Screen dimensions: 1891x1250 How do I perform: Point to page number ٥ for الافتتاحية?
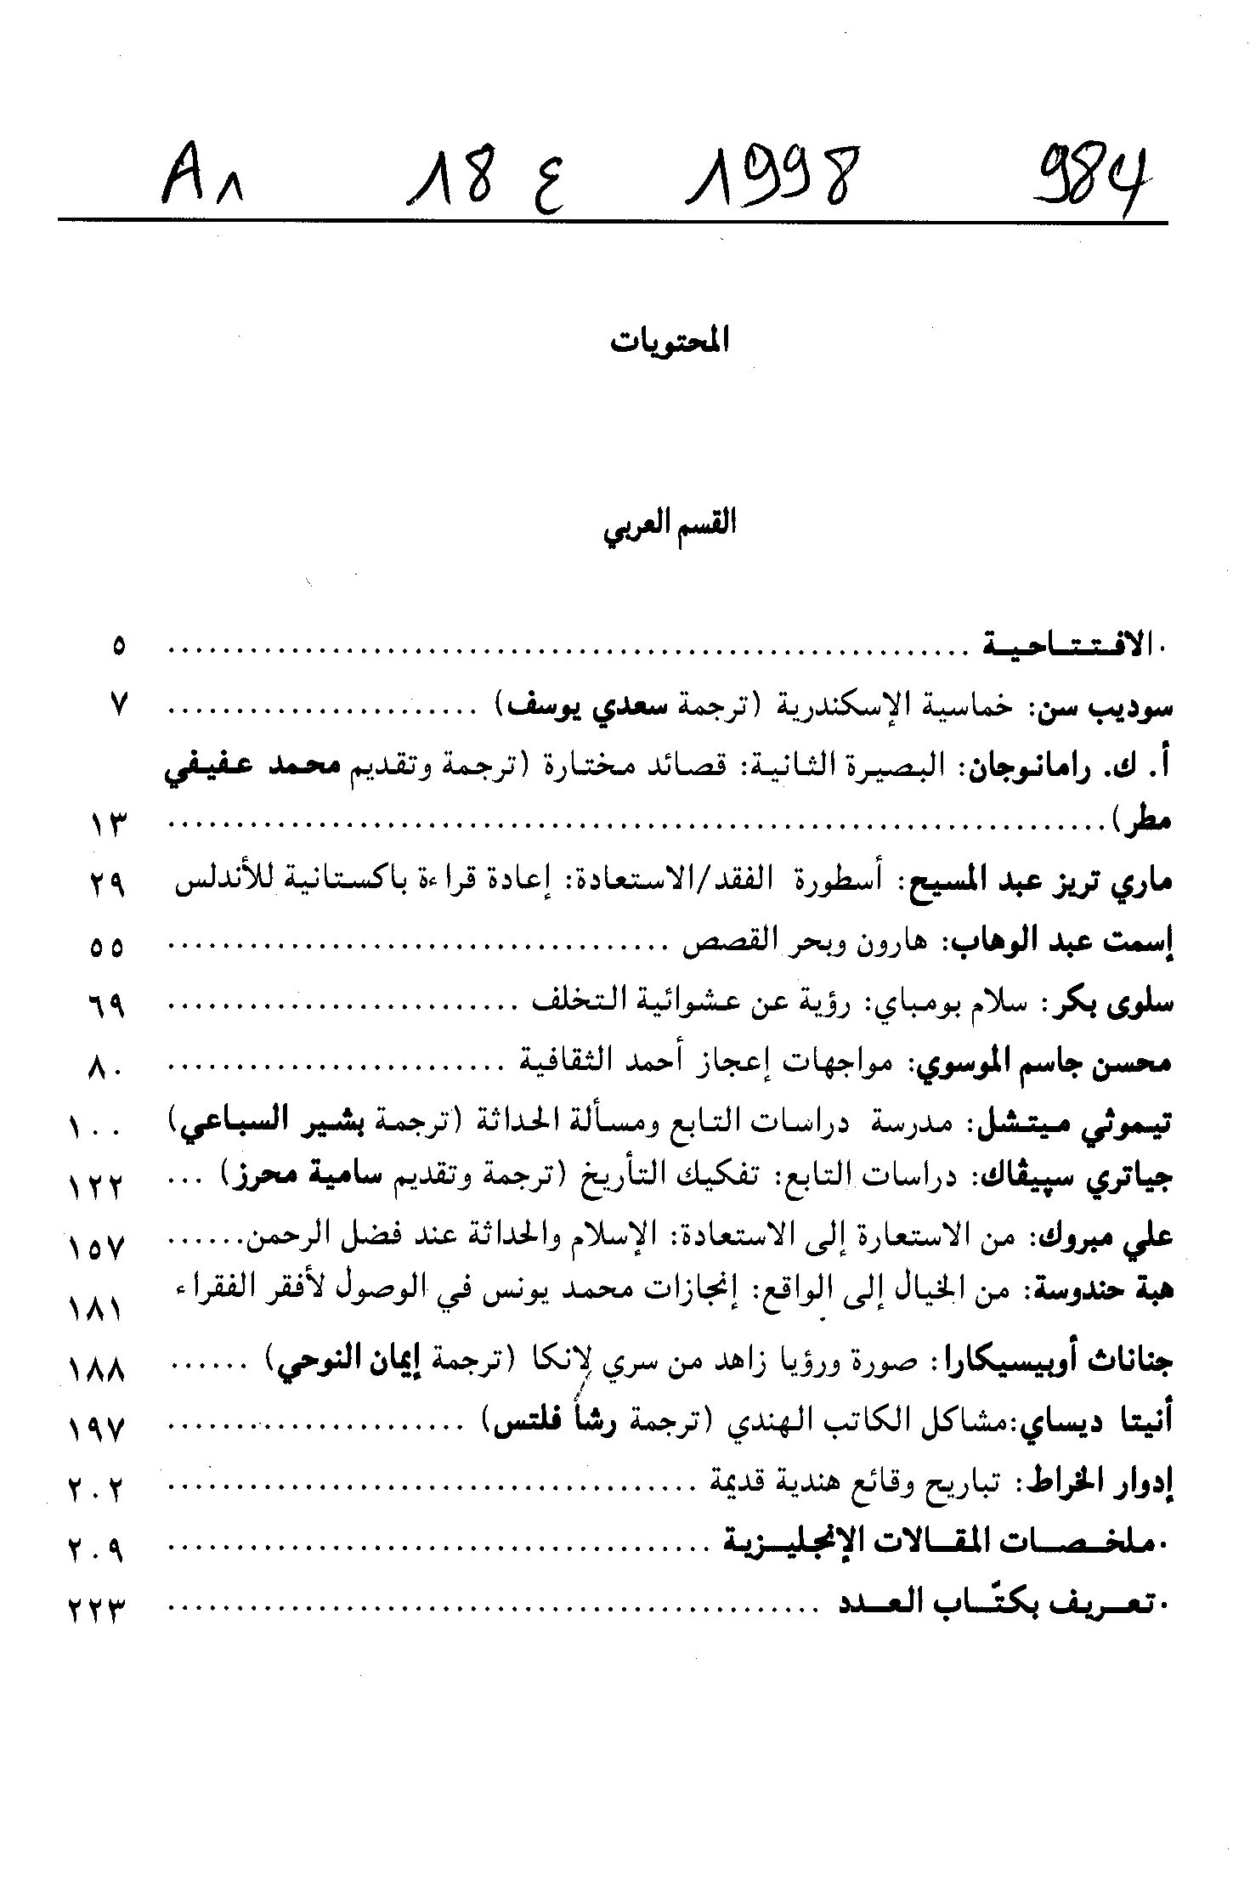(x=119, y=648)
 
